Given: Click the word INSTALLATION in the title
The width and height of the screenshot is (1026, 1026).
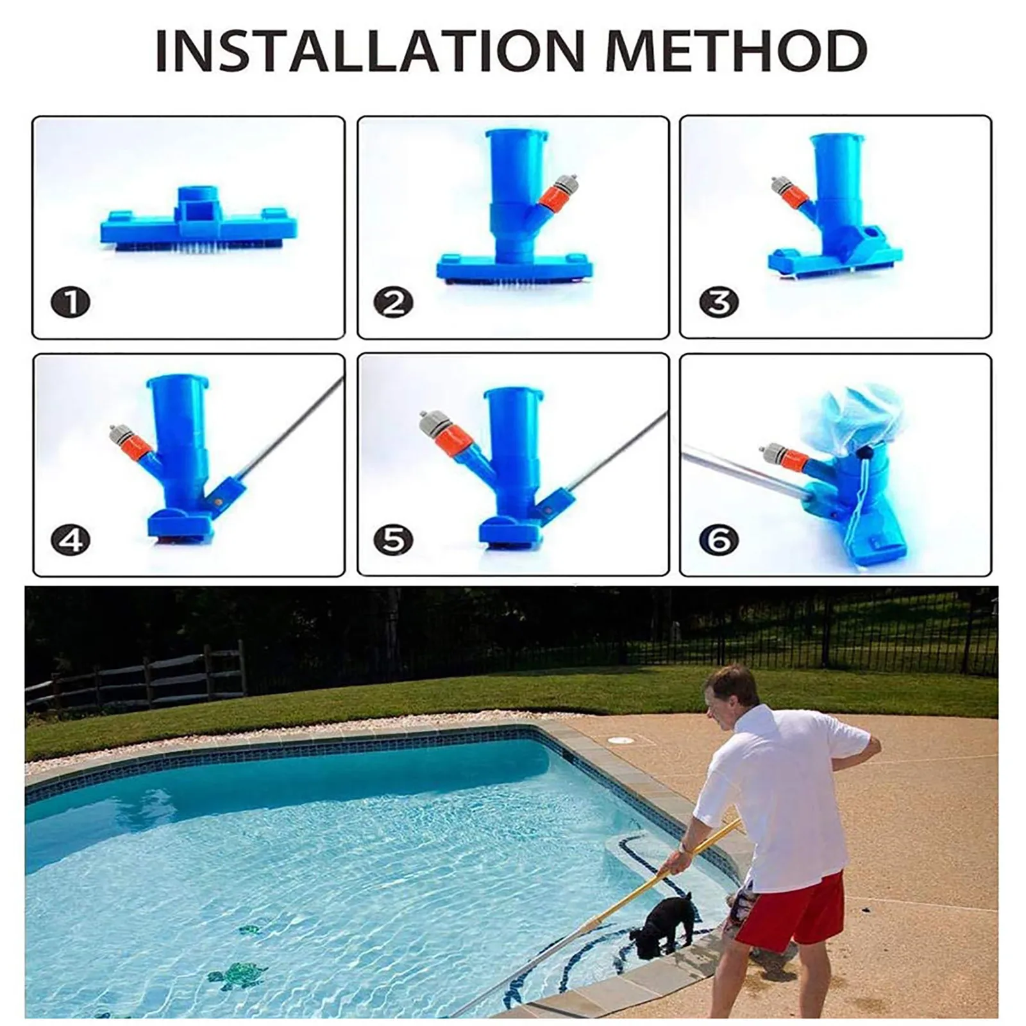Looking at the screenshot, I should point(370,51).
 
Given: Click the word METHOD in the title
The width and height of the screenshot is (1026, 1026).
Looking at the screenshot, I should point(737,51).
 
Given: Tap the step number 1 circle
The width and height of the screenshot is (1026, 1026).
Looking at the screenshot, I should point(71,302).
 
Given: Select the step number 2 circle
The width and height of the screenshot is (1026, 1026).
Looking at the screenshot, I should point(394,302).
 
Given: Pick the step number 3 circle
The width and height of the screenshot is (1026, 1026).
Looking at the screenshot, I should point(718,302).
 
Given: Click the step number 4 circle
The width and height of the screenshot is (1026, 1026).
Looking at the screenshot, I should point(71,540).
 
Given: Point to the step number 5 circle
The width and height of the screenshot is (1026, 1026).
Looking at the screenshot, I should point(394,540).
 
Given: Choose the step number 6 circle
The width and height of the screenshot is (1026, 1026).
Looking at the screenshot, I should point(718,540).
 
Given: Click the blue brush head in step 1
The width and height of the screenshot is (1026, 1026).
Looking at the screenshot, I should point(199,224).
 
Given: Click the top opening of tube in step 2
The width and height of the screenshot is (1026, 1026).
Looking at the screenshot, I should point(517,135).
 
